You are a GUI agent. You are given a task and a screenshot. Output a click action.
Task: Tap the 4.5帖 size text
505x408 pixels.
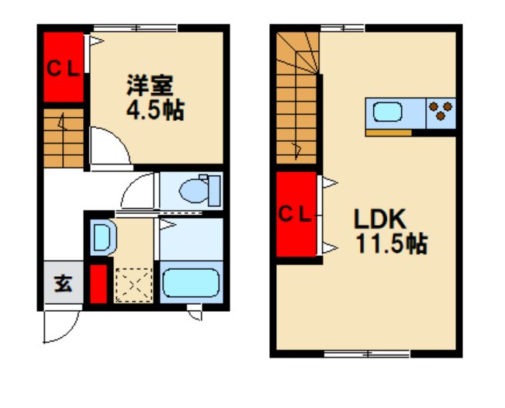[x=155, y=109]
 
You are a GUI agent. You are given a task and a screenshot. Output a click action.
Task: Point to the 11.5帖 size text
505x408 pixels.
[x=391, y=246]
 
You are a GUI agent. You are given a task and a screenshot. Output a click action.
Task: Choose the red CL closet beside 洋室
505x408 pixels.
[x=63, y=67]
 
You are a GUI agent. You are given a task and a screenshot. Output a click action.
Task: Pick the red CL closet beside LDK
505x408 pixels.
[x=296, y=213]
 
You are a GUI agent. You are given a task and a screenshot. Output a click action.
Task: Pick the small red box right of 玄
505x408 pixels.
[x=98, y=285]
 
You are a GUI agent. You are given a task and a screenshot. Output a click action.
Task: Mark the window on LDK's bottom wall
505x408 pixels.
[x=367, y=354]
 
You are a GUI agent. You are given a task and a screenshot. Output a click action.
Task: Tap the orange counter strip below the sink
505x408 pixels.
[x=388, y=132]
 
